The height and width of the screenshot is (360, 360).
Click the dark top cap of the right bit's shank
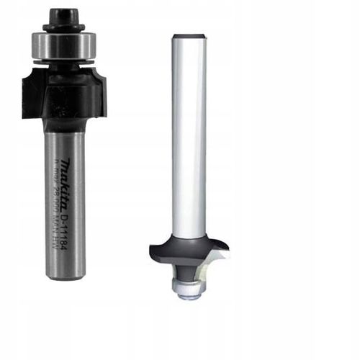(x=190, y=35)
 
